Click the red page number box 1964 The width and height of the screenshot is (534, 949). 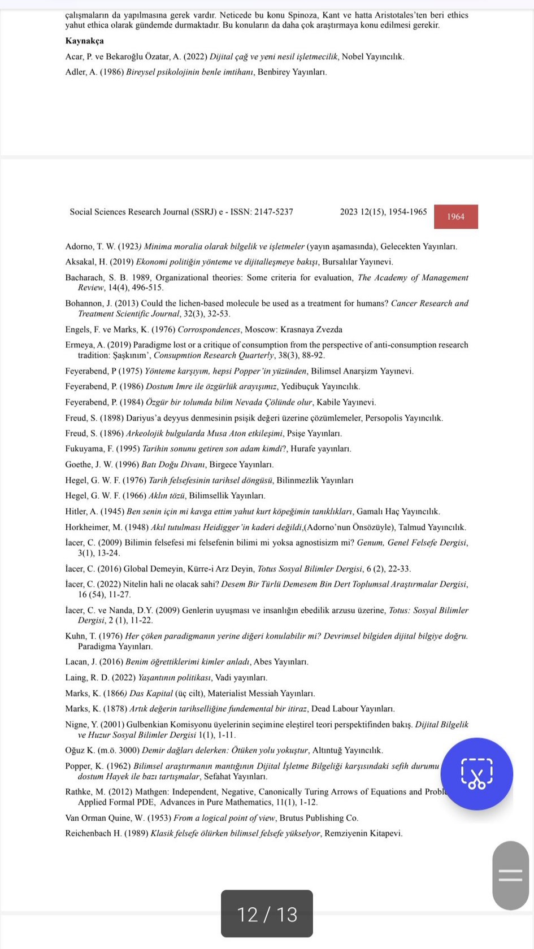click(455, 217)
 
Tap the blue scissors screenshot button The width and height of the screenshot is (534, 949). click(476, 773)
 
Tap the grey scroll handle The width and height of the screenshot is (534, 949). click(510, 875)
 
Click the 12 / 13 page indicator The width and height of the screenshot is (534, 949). click(267, 914)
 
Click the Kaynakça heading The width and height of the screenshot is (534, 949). click(84, 41)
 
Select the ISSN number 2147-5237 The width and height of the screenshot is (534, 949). click(273, 212)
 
